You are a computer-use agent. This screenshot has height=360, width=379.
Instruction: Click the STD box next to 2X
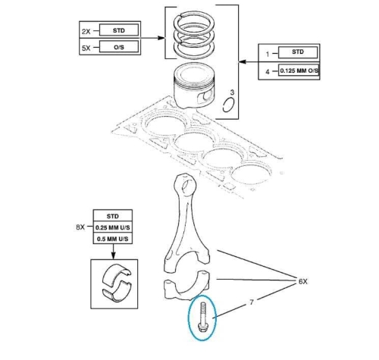[119, 30]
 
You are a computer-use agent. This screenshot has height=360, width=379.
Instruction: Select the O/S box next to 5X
[119, 47]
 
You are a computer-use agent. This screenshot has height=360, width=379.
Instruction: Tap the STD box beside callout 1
[298, 52]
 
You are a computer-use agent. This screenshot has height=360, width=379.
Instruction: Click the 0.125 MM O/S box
[299, 70]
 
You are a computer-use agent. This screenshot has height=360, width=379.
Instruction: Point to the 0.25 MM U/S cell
[113, 227]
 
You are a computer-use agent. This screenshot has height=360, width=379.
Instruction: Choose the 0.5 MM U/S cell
[113, 239]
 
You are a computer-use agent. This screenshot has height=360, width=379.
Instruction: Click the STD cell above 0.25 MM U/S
[113, 216]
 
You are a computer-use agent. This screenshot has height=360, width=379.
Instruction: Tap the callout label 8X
[80, 227]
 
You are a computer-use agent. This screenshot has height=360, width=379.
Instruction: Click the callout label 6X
[303, 281]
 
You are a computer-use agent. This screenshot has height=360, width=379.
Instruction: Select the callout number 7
[252, 302]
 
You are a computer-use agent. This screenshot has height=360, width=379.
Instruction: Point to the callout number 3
[232, 92]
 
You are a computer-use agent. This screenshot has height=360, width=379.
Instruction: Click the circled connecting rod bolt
[202, 318]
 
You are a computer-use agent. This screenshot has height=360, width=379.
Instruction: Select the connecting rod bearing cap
[186, 285]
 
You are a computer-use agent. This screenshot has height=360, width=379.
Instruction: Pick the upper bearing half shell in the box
[116, 274]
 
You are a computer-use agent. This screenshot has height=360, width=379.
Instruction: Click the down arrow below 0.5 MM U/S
[113, 252]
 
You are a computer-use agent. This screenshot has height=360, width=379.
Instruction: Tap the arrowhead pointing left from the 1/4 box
[243, 61]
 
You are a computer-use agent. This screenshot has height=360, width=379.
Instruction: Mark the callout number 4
[268, 72]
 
